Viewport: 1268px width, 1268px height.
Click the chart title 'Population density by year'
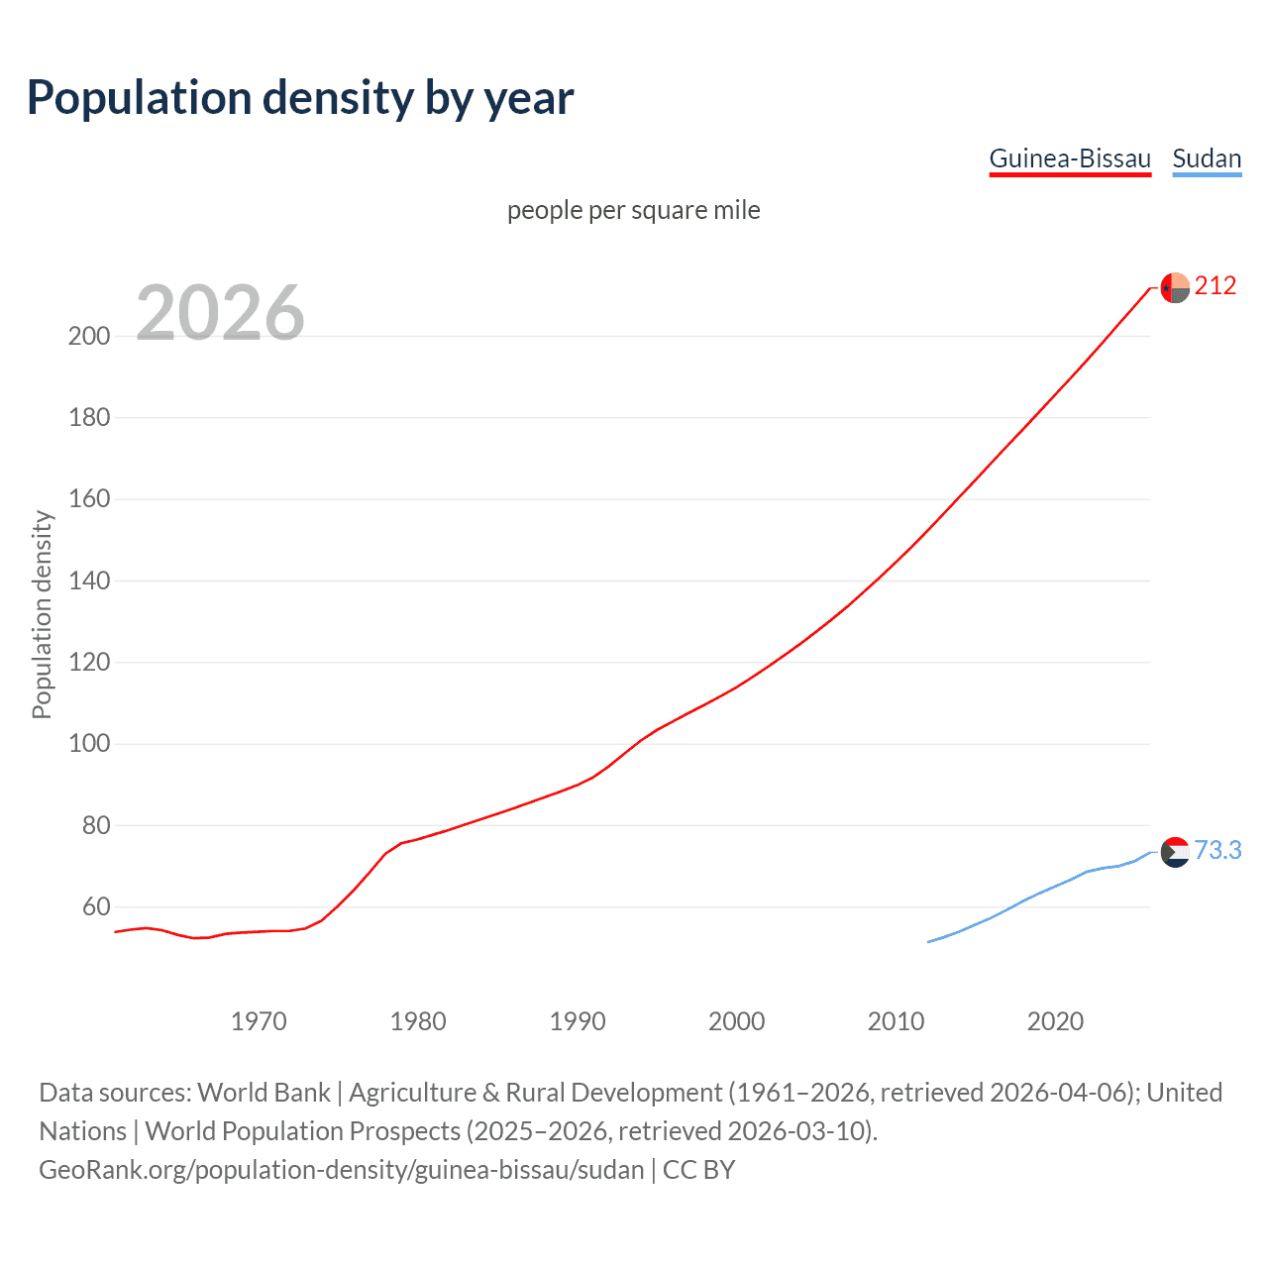(x=300, y=98)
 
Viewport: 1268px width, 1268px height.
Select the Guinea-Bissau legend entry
(x=1070, y=158)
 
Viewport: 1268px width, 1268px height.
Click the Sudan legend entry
(x=1207, y=158)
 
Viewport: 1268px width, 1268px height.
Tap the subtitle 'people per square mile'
(x=634, y=210)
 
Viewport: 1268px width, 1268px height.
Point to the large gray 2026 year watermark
(x=220, y=313)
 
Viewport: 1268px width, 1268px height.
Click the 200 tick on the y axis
(x=89, y=336)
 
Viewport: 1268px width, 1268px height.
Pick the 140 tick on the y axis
(x=89, y=581)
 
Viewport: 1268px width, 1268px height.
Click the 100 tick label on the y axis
(x=89, y=744)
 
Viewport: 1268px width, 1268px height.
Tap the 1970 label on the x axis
(x=259, y=1021)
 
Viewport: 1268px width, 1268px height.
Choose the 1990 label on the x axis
(x=578, y=1021)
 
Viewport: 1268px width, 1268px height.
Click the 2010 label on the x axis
(x=896, y=1021)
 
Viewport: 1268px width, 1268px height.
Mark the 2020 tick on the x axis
(x=1055, y=1021)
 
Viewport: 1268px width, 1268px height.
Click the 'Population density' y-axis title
(x=42, y=614)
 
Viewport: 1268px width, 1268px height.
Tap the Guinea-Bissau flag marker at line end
(x=1175, y=287)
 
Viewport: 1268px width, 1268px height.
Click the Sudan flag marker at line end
(x=1175, y=852)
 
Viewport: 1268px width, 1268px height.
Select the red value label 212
(x=1215, y=286)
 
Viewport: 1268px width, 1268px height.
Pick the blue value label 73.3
(x=1217, y=851)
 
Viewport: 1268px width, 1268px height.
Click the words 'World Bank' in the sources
(x=264, y=1093)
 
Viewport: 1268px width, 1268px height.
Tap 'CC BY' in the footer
(x=698, y=1170)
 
